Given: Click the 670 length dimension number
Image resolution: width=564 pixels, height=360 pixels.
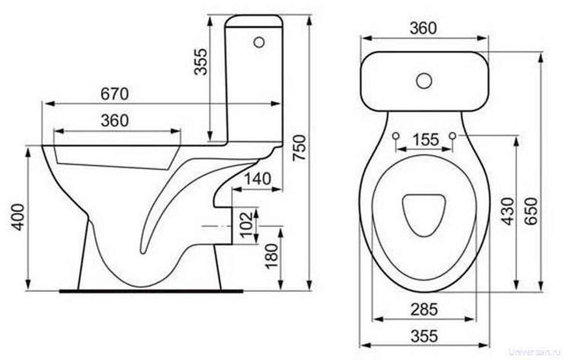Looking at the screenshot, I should (x=114, y=94).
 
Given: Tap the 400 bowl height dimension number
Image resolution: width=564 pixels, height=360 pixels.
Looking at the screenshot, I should (x=18, y=217).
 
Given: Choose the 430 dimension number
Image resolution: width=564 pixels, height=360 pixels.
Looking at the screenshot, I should (x=507, y=211).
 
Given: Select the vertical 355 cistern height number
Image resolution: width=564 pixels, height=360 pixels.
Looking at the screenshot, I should (x=201, y=62).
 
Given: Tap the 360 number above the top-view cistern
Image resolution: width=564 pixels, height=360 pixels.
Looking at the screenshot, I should (x=423, y=28).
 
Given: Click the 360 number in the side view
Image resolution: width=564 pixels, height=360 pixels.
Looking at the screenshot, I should (x=114, y=121).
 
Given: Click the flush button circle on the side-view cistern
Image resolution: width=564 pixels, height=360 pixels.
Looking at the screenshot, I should (x=259, y=42).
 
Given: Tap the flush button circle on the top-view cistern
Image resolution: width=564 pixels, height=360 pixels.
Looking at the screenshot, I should (x=424, y=81).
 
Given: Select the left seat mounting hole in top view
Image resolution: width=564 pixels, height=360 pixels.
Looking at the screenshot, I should (x=396, y=136).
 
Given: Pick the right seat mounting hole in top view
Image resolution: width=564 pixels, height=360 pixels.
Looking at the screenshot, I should (x=452, y=136).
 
